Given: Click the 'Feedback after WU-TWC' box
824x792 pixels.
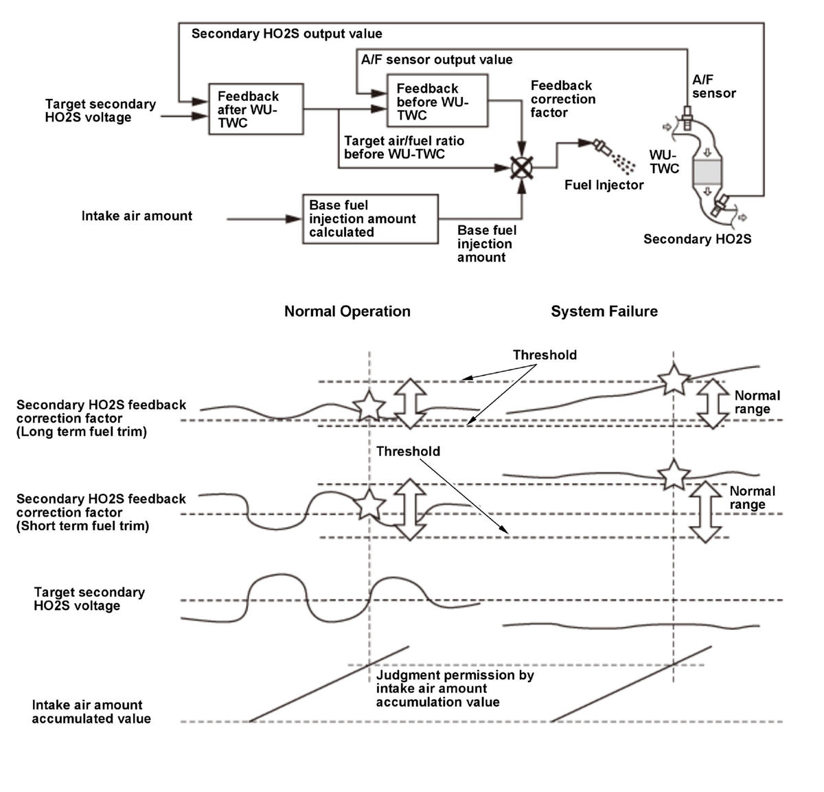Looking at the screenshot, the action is click(x=255, y=109).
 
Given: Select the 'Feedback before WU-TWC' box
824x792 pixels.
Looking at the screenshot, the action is click(x=437, y=100).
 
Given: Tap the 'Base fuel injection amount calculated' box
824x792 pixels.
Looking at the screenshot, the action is click(x=370, y=219).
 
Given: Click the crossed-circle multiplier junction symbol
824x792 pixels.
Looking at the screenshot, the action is click(x=521, y=168).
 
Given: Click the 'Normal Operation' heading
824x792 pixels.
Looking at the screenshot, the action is click(x=347, y=311).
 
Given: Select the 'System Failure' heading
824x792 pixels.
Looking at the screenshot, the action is click(x=604, y=311).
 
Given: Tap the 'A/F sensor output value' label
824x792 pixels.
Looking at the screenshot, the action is click(x=437, y=60).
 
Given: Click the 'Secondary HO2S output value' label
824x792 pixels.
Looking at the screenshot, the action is click(x=286, y=34).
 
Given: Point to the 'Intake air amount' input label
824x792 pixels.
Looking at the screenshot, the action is click(x=137, y=216).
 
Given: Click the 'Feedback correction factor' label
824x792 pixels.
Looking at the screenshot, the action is click(x=563, y=99).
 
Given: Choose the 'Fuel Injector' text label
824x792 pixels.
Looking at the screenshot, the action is click(x=604, y=185).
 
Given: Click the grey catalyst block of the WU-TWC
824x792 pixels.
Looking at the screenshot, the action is click(x=707, y=172).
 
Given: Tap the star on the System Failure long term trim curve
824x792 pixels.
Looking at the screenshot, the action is click(x=673, y=379).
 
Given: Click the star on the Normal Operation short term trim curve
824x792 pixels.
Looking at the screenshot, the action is click(x=369, y=504).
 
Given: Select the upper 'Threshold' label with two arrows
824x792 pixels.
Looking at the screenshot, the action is click(x=545, y=355).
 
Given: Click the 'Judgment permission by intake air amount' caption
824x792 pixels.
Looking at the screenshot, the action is click(x=455, y=688).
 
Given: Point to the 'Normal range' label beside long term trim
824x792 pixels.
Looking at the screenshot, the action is click(x=757, y=402).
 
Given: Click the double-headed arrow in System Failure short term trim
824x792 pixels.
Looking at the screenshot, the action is click(x=705, y=512).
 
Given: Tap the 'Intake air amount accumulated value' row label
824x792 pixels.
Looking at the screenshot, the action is click(x=91, y=712).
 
